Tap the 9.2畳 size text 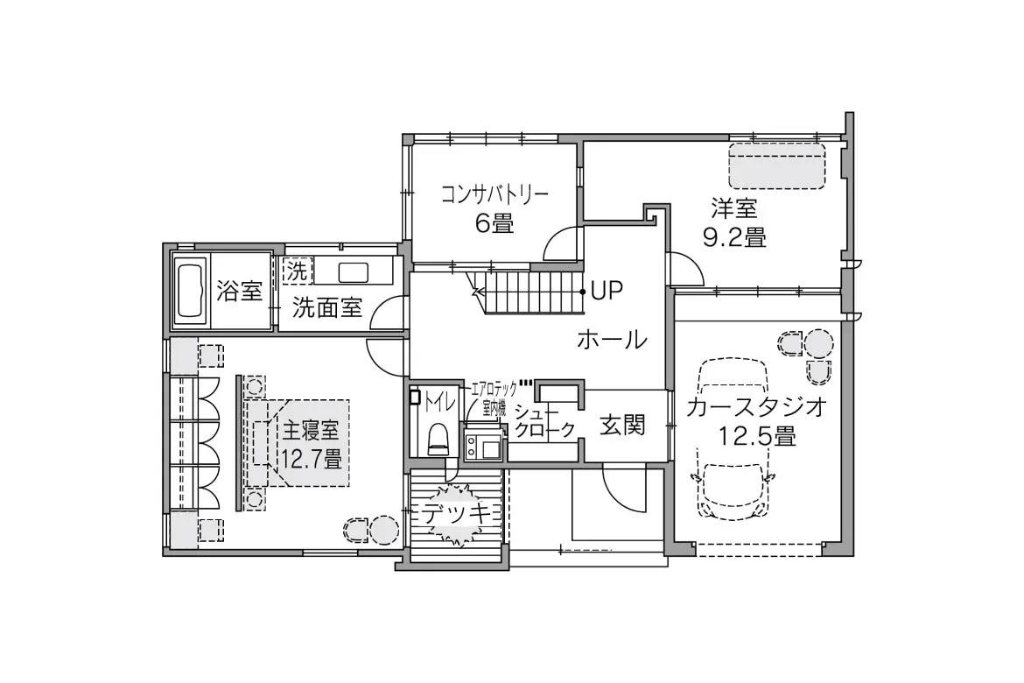[734, 236]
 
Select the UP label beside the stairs [607, 291]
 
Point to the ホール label [612, 340]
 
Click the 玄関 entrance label [622, 426]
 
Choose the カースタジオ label [756, 408]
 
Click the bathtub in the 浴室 [190, 291]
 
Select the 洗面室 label [326, 307]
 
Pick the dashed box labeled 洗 [297, 271]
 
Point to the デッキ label [456, 514]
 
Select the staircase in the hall [530, 290]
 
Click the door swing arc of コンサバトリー [561, 244]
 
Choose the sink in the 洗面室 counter [354, 271]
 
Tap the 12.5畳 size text [757, 435]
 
